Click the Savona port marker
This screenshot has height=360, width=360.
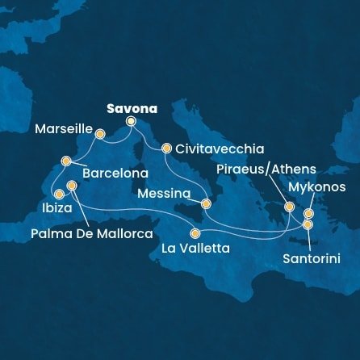pos(132,122)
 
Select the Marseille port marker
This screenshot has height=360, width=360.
pos(100,134)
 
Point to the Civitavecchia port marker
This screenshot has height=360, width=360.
pos(166,149)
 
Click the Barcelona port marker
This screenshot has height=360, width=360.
pos(67,160)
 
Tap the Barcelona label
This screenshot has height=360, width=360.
pos(115,173)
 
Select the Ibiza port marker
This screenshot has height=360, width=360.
pos(58,195)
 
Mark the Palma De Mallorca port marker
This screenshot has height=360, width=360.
pos(72,186)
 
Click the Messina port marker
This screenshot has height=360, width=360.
pos(205,204)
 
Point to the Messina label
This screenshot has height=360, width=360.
pos(164,195)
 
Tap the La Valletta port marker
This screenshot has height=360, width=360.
pos(195,233)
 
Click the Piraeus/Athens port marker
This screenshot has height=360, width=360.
pos(290,207)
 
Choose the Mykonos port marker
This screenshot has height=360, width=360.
pos(308,214)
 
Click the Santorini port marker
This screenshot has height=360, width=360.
pos(308,224)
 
